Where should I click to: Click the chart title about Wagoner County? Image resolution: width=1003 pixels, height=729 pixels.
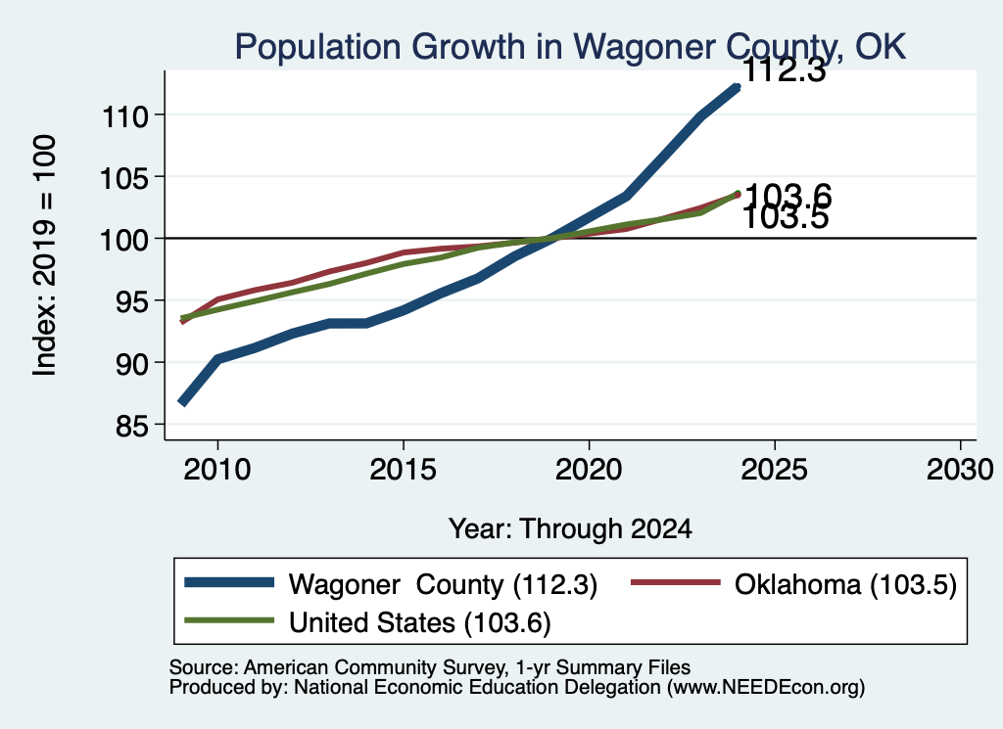[570, 47]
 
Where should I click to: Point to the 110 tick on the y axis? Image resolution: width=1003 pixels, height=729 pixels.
[124, 116]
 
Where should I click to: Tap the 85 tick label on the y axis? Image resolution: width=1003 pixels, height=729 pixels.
[132, 426]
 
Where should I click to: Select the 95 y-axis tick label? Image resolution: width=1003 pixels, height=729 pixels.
[132, 301]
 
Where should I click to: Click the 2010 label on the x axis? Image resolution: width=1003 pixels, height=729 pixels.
[217, 470]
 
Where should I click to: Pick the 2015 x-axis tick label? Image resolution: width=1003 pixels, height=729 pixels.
[403, 470]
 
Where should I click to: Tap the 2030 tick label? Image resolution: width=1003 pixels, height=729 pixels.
[960, 470]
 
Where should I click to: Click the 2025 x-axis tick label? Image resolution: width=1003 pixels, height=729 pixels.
[774, 470]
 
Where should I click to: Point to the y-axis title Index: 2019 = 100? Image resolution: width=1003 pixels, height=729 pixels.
[45, 255]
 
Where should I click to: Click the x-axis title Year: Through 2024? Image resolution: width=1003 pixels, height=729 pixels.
[570, 529]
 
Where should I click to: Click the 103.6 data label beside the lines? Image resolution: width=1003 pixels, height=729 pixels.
[788, 195]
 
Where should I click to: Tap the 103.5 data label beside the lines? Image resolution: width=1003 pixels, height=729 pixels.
[787, 218]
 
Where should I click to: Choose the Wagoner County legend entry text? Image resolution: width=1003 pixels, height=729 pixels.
[443, 584]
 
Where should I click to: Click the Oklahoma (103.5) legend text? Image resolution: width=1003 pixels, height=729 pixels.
[845, 584]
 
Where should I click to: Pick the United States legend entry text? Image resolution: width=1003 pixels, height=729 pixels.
[419, 623]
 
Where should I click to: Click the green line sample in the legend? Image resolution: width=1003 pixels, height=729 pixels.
[229, 620]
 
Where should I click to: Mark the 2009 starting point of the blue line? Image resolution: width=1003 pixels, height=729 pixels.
[183, 402]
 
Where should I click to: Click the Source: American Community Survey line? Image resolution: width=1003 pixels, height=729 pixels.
[430, 667]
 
